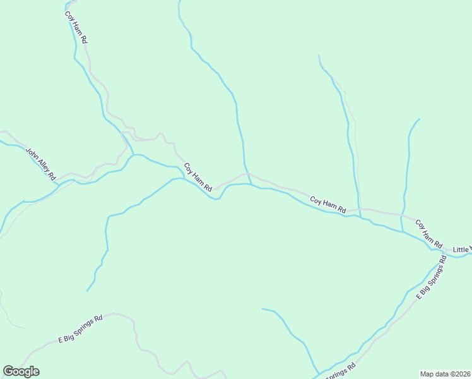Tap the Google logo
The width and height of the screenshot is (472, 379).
click(21, 371)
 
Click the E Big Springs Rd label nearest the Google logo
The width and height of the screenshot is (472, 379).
click(80, 328)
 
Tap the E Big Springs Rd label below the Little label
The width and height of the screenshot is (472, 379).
click(432, 279)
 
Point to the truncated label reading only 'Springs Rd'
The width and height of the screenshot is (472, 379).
click(341, 371)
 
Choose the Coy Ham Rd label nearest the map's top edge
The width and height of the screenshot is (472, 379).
click(76, 26)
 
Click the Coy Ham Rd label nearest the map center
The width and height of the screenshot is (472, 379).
click(198, 177)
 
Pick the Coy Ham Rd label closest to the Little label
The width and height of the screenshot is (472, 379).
click(429, 233)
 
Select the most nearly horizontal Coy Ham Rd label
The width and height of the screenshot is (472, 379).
click(328, 204)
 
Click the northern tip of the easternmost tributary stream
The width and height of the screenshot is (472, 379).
click(419, 119)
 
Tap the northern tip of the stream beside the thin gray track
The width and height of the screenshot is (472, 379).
click(319, 56)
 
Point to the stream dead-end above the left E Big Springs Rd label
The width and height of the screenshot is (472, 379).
click(87, 291)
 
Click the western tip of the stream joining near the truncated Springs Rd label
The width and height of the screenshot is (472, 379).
click(262, 309)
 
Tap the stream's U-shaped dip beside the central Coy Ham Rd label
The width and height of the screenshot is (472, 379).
click(216, 199)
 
